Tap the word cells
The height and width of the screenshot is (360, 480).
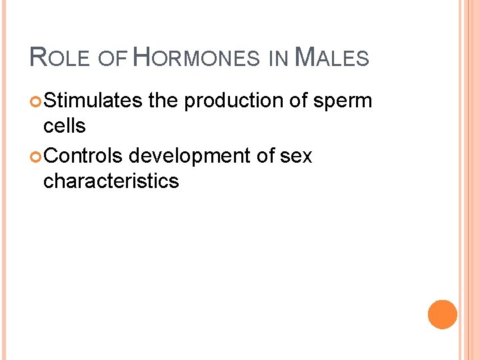64,126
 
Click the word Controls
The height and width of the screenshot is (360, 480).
83,155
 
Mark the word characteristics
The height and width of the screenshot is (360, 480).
111,181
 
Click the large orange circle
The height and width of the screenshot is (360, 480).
443,315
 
